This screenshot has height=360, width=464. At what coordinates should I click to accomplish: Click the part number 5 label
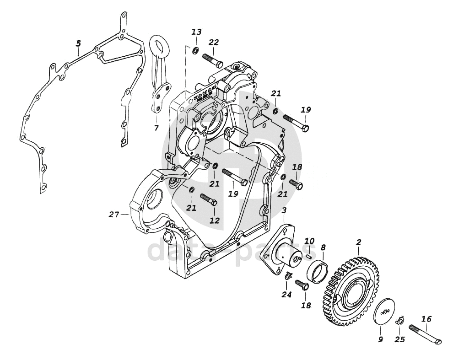click(78, 44)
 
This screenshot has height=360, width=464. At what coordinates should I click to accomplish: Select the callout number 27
click(113, 214)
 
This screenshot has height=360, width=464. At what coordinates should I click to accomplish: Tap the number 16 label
click(427, 319)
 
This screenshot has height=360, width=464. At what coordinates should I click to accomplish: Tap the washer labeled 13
click(195, 51)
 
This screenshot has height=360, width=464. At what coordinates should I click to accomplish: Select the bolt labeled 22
click(213, 60)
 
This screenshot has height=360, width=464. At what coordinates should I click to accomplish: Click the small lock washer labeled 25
click(399, 320)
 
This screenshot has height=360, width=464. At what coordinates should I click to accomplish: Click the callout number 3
click(284, 211)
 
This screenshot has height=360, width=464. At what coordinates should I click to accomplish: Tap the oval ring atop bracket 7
click(159, 46)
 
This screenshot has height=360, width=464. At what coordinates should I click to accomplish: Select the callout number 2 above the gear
click(359, 242)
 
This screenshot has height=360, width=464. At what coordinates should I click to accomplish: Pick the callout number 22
click(213, 42)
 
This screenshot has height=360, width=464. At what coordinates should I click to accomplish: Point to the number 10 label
click(309, 241)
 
